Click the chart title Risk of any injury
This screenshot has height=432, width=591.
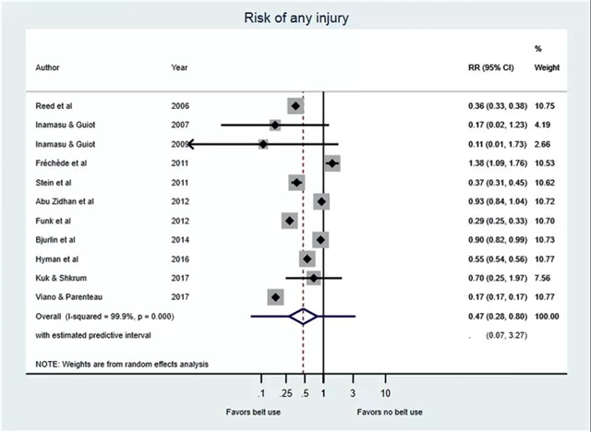point(295,17)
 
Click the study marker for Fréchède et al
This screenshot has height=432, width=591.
point(332,163)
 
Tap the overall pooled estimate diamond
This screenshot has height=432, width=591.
point(303,316)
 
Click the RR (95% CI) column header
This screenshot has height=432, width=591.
point(490,68)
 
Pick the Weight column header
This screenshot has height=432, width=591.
point(547,68)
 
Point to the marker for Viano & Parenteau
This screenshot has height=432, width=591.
point(275,296)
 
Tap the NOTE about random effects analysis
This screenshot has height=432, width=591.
point(122,364)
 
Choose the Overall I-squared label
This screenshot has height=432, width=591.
point(104,316)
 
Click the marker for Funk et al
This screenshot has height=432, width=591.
point(290,221)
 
